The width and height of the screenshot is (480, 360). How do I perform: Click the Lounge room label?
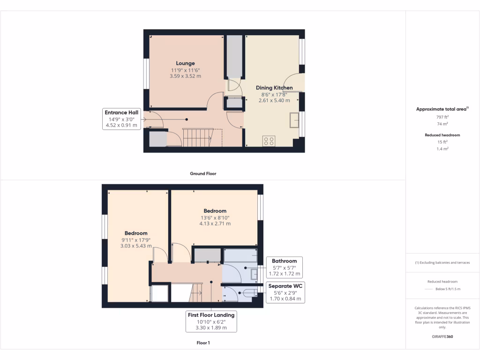[x=185, y=63]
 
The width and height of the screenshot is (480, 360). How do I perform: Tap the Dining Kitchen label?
[x=274, y=88]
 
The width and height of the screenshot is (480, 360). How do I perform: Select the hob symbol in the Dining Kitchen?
[x=269, y=141]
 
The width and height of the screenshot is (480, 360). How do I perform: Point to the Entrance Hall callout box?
[x=121, y=119]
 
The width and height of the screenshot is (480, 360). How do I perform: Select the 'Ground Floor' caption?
[x=203, y=173]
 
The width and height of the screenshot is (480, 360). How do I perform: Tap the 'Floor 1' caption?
[x=203, y=343]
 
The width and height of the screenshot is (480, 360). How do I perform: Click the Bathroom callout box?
[x=285, y=267]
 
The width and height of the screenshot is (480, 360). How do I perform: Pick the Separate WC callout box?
[x=285, y=292]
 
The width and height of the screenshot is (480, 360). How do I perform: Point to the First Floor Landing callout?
[x=211, y=322]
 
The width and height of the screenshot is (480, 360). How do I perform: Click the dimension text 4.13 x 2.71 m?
[x=215, y=224]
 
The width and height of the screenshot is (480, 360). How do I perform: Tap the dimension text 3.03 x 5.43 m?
[x=136, y=246]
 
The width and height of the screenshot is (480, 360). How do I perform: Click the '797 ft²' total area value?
[x=442, y=117]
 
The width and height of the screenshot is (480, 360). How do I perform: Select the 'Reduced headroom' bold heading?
[x=442, y=135]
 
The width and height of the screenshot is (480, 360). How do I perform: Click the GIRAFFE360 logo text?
[x=442, y=337]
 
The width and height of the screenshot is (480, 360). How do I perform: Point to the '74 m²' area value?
[x=442, y=124]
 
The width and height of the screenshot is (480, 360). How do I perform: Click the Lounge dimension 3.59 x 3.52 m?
[x=185, y=76]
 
